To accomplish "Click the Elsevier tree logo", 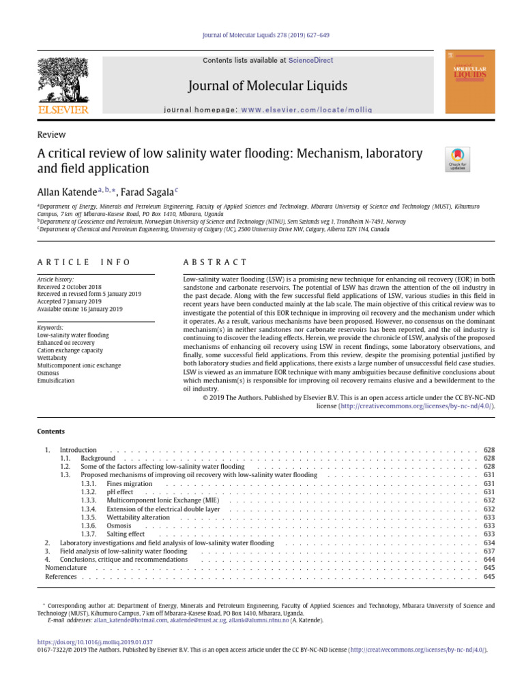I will coord(62,80).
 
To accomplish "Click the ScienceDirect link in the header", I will coord(310,61).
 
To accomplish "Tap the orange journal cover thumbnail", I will coord(470,81).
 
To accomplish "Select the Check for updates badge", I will coord(457,160).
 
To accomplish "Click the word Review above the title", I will coord(51,135).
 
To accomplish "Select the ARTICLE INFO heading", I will coord(83,262).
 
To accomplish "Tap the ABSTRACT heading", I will coord(216,262).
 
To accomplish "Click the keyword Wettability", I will coord(52,357).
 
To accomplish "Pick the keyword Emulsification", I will coord(55,381).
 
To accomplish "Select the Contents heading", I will coord(50,431).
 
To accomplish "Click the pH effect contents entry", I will coord(120,492).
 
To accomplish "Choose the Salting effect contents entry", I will coord(126,534).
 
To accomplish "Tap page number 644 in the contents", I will coord(489,559).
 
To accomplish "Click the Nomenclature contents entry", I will coord(65,568).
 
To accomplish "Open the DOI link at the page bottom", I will coord(94,642).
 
